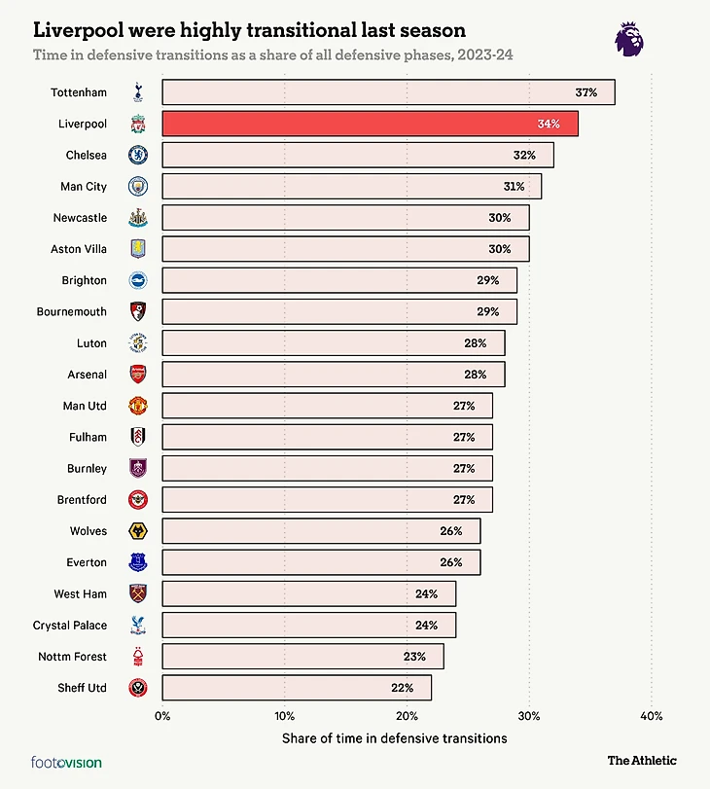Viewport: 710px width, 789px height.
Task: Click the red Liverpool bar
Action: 370,124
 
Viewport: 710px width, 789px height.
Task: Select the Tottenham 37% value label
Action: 586,92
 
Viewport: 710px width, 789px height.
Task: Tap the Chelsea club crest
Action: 138,155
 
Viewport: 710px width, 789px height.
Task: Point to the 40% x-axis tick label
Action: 651,715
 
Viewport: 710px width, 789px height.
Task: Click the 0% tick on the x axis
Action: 162,715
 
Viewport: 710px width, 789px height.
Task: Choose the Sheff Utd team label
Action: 84,688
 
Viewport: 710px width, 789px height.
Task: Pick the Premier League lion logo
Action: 629,39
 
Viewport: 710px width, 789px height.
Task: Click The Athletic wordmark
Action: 642,760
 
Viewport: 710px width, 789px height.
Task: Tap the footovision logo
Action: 66,763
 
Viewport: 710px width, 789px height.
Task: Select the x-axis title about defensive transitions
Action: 394,738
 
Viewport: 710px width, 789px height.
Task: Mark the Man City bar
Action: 351,186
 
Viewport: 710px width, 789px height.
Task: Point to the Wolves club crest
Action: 138,531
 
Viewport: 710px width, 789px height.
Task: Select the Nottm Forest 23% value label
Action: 414,657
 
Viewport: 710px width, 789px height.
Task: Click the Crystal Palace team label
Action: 70,626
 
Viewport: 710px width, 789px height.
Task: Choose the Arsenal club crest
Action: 138,375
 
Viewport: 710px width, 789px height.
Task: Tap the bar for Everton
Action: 321,562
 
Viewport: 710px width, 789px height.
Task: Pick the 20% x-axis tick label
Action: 407,715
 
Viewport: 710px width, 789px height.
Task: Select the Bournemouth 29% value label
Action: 487,311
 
